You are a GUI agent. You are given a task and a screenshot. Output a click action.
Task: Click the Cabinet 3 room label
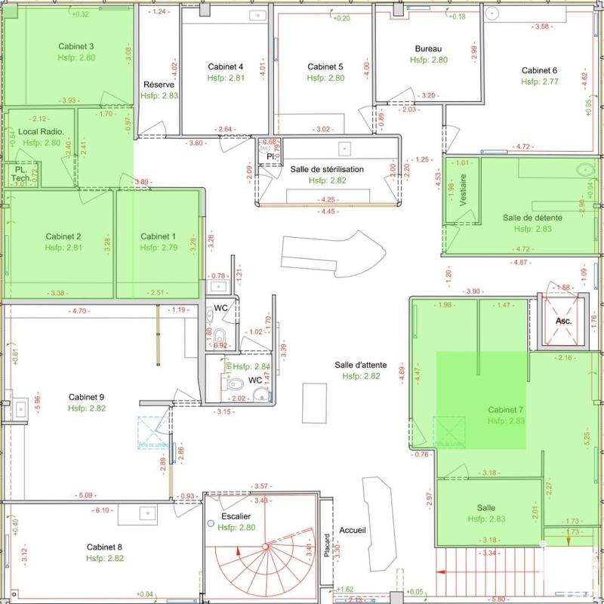75,46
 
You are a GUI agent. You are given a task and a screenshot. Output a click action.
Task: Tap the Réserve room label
159,85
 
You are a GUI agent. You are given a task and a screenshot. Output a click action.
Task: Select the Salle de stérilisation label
327,169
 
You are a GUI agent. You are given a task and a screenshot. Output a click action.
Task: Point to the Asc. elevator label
564,320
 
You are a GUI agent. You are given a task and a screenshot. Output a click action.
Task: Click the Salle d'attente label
361,365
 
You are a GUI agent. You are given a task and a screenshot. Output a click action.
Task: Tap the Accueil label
353,530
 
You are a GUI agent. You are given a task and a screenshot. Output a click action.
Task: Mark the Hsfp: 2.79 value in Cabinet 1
159,247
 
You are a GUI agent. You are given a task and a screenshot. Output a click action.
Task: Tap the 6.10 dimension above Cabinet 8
103,511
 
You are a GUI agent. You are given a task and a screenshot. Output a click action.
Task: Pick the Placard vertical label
326,548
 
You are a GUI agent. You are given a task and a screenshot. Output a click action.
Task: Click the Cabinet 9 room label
86,397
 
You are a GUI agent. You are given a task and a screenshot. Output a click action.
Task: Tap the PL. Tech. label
20,174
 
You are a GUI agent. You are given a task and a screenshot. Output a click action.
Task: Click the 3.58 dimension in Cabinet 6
541,26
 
